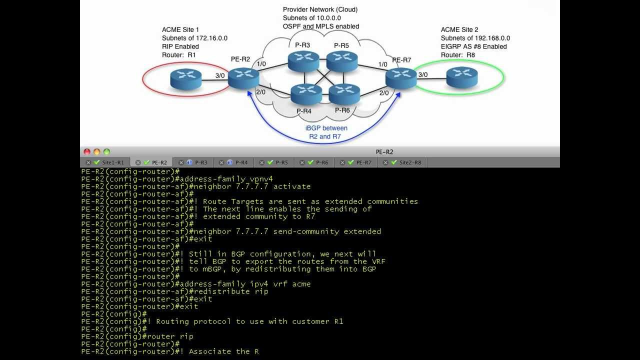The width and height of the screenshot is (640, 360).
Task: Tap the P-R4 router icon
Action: pos(306,94)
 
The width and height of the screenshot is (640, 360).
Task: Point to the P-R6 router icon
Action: pos(344,94)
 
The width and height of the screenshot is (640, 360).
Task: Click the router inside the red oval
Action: pos(185,79)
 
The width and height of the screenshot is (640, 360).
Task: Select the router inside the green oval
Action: pos(462,77)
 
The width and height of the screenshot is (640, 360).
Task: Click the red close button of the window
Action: pos(87,152)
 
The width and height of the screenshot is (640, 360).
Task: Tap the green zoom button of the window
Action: pos(106,152)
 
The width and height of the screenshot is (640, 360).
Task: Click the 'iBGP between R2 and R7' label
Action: pos(326,132)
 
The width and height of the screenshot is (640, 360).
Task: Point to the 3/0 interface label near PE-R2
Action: pos(220,76)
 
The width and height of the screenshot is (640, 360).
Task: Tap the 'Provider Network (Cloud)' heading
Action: pos(320,9)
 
